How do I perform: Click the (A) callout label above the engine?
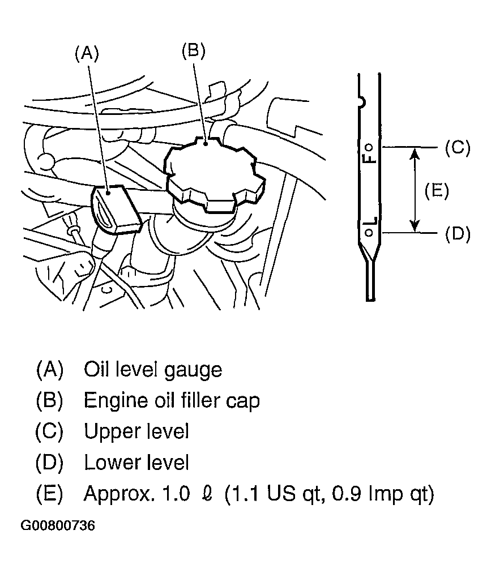pyautogui.click(x=87, y=53)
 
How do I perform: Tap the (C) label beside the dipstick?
pyautogui.click(x=458, y=148)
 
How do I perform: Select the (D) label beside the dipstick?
pyautogui.click(x=458, y=233)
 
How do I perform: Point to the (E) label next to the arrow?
pyautogui.click(x=437, y=191)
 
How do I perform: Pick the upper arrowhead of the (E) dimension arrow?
pyautogui.click(x=414, y=154)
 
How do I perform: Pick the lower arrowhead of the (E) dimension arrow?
pyautogui.click(x=414, y=226)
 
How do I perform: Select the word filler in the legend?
pyautogui.click(x=196, y=400)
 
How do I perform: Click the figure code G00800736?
pyautogui.click(x=58, y=526)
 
